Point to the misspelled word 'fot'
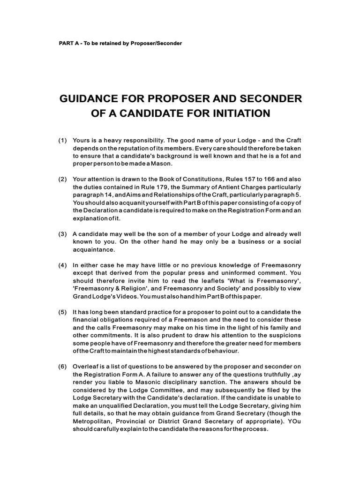(279, 156)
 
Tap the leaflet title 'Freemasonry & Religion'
(111, 288)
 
